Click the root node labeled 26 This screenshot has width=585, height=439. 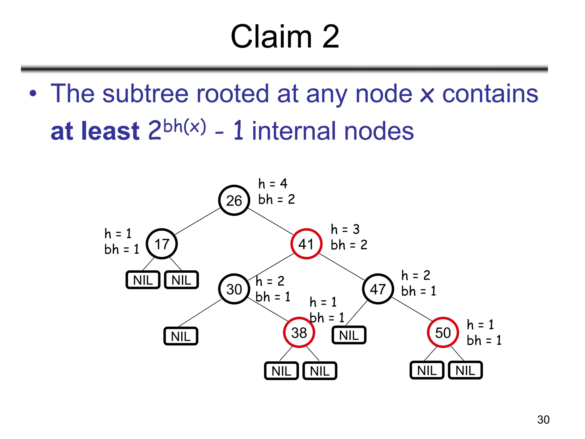click(234, 200)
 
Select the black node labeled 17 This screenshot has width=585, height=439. click(162, 244)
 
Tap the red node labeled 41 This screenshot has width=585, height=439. click(306, 244)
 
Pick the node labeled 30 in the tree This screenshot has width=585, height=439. click(234, 289)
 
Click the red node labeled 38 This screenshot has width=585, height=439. click(299, 333)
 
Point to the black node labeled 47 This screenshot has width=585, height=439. click(378, 289)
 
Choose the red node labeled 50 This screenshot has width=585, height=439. click(443, 333)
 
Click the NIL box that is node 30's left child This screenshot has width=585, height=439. click(181, 336)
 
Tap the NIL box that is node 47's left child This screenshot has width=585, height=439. click(349, 335)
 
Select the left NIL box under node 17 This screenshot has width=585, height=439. click(143, 280)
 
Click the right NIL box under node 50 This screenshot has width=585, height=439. click(465, 371)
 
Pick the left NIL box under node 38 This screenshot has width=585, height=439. click(281, 371)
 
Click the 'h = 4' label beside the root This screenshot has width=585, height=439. click(273, 183)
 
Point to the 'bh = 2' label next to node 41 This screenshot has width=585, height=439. click(349, 245)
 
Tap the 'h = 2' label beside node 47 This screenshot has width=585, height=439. click(416, 275)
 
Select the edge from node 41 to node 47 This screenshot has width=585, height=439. click(342, 267)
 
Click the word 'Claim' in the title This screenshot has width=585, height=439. click(271, 37)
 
